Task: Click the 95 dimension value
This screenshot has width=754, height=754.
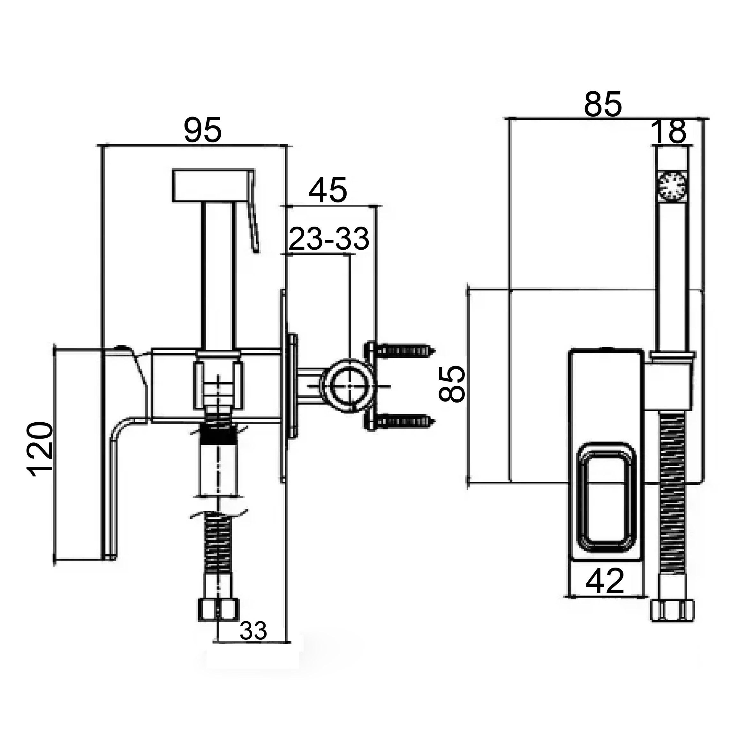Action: click(203, 131)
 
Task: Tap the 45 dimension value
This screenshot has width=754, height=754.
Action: click(328, 191)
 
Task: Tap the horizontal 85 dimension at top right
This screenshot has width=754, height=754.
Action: click(603, 105)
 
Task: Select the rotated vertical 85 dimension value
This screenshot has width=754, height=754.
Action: click(452, 384)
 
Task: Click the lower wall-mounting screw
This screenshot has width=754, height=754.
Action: click(406, 421)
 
